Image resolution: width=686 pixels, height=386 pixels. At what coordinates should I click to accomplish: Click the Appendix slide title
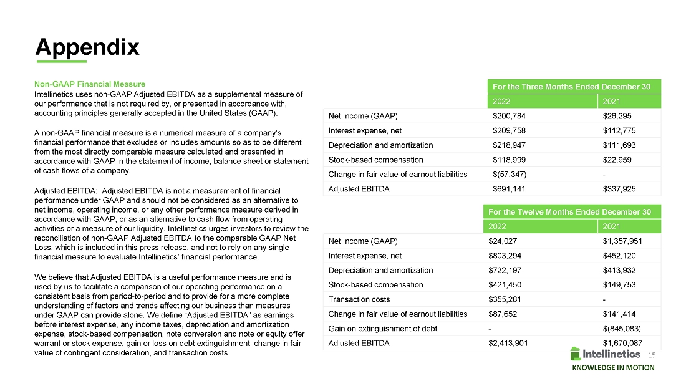87,46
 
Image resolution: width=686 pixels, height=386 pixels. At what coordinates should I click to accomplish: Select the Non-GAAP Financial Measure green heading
90,84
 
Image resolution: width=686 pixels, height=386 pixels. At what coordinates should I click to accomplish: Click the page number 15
653,354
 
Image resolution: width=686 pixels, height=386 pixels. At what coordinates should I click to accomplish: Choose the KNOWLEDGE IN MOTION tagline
613,368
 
